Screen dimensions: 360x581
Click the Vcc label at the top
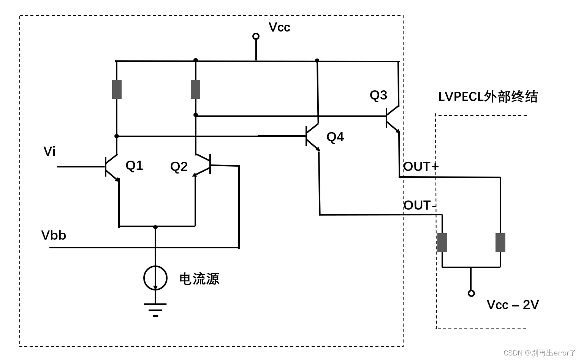pos(279,27)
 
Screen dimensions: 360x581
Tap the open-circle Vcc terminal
pos(256,36)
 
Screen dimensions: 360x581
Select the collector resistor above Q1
pos(117,89)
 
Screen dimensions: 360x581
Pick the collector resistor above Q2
pos(195,89)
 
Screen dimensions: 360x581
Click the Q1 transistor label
pos(134,166)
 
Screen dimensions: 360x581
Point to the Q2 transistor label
pos(179,167)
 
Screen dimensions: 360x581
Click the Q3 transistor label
pos(378,95)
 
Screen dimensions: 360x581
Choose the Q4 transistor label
pos(335,137)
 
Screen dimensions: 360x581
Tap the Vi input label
pos(49,152)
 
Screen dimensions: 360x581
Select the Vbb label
pos(54,235)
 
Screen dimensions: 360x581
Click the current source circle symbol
pos(155,278)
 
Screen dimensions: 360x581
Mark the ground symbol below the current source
pos(155,309)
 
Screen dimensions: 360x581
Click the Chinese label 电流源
pos(199,279)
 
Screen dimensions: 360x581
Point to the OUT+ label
pos(421,167)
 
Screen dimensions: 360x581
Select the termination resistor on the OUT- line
pos(442,243)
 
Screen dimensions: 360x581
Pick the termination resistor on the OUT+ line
pos(500,243)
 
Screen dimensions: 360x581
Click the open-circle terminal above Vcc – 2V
pos(471,293)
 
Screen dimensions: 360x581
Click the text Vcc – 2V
pos(513,305)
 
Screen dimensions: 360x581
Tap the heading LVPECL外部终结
pos(488,97)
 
